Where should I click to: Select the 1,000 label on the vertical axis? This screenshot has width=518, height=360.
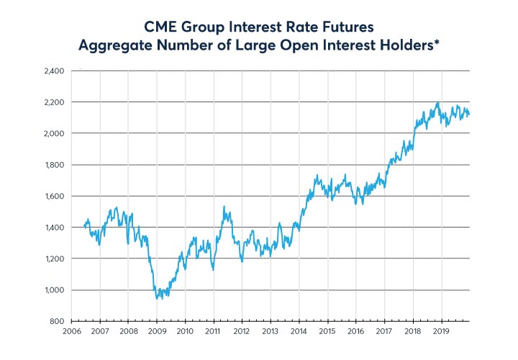point(55,289)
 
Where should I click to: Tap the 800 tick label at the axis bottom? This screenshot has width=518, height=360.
point(58,321)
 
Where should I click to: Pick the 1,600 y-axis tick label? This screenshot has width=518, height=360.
point(55,196)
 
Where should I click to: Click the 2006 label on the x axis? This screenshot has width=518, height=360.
point(71,332)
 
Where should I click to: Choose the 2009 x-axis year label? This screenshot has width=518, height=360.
point(157,332)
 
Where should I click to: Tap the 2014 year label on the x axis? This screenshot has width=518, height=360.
point(299,332)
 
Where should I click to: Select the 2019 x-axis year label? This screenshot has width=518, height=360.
point(441,332)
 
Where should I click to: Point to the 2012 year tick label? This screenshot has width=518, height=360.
point(242,332)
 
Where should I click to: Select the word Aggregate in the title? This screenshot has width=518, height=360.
point(117,46)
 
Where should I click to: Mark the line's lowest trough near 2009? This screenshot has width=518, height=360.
point(160,298)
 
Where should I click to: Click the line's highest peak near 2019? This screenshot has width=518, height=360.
point(437,103)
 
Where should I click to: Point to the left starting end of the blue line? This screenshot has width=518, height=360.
point(84,226)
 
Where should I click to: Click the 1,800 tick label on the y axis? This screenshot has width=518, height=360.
point(55,165)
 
